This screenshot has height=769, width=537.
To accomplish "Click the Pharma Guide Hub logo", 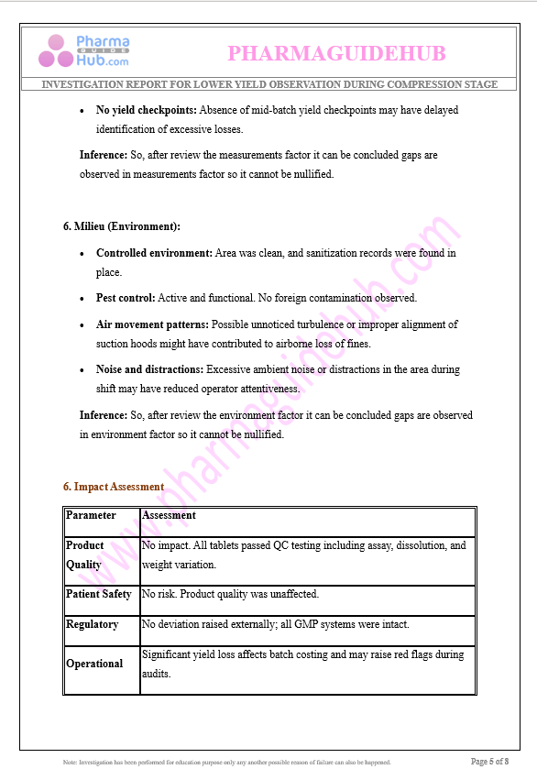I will [x=83, y=50].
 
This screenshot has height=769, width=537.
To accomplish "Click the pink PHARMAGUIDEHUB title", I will [x=336, y=54].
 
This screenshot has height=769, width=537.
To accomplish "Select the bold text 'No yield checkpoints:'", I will [x=147, y=110].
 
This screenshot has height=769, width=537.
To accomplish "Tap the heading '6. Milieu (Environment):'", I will [x=122, y=225].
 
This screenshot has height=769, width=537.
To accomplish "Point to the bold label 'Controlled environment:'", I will [x=154, y=253].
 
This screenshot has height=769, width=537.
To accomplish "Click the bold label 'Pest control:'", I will [x=126, y=298].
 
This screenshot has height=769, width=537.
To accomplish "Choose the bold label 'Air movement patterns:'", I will [x=152, y=324].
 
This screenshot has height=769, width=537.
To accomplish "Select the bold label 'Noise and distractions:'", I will [x=149, y=369].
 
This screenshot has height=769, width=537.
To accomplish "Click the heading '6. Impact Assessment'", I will [x=114, y=487].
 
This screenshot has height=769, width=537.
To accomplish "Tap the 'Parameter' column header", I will [x=91, y=515].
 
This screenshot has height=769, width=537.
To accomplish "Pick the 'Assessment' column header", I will [x=169, y=515].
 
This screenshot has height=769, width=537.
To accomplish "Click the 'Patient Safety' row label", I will [x=99, y=594].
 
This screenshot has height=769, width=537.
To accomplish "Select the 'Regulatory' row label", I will [x=92, y=624].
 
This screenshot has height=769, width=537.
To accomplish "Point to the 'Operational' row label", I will [x=94, y=664].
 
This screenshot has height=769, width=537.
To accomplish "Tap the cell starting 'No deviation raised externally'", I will [x=275, y=624].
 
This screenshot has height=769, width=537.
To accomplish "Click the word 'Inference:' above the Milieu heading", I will [x=104, y=155].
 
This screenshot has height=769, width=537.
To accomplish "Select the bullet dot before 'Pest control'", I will [x=83, y=299].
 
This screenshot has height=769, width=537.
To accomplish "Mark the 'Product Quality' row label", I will [x=85, y=555].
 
